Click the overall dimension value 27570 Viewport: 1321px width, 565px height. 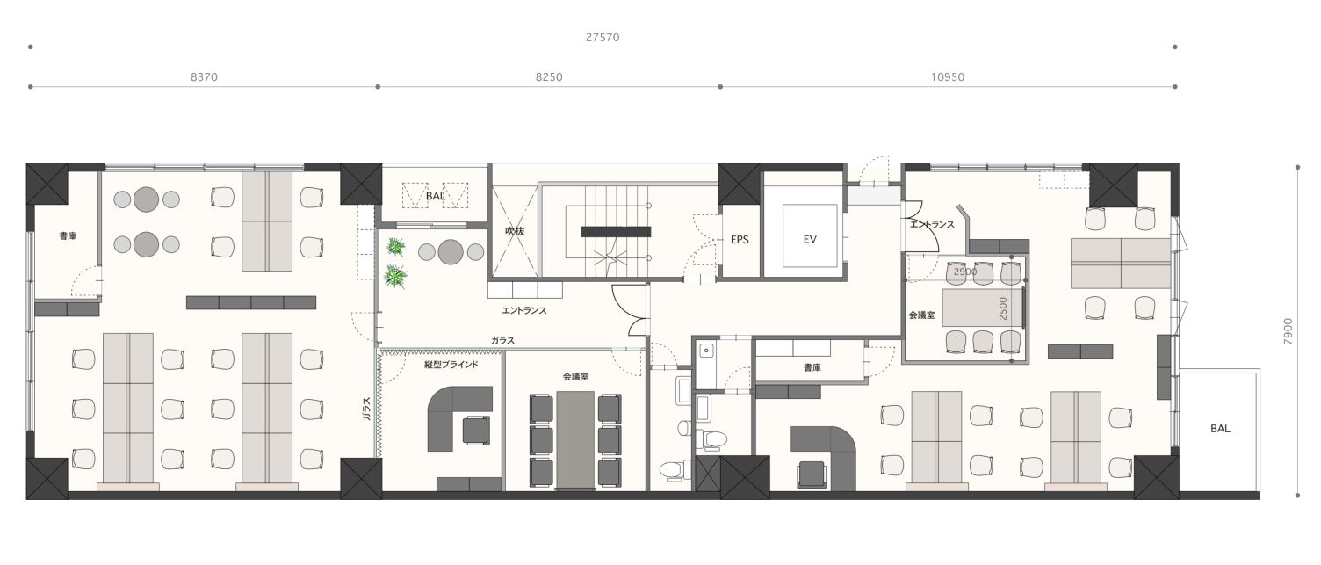603,37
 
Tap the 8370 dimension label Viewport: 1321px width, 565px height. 204,76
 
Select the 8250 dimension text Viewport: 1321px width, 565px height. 549,76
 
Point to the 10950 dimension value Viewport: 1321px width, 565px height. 948,76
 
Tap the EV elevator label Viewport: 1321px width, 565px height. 810,239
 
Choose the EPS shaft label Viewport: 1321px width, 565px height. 740,240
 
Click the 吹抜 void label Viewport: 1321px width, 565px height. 515,231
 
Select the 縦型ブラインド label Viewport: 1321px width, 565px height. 451,365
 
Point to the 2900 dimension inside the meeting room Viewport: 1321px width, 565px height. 965,272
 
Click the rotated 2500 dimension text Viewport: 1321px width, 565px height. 1004,308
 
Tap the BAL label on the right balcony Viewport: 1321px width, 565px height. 1220,428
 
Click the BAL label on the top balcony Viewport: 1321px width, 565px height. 436,195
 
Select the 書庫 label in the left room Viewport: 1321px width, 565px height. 68,235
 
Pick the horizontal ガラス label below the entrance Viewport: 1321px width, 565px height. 502,340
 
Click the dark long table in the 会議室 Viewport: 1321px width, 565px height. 575,440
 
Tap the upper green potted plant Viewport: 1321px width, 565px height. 396,246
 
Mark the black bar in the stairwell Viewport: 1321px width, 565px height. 616,232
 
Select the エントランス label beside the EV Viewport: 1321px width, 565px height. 932,224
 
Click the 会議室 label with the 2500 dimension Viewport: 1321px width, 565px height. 921,315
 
